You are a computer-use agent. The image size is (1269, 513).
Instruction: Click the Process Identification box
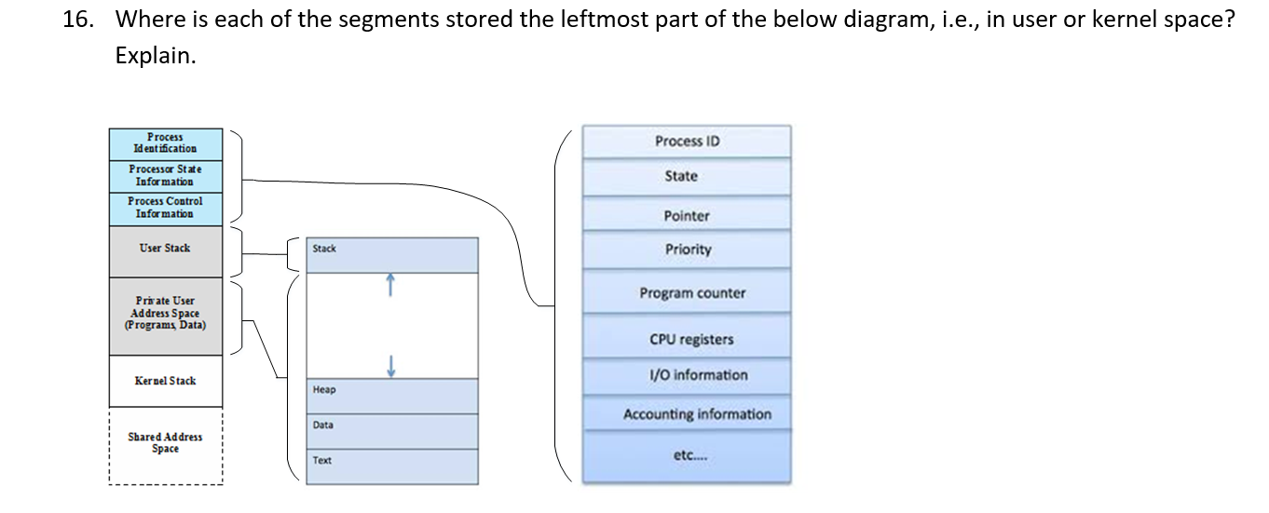(165, 143)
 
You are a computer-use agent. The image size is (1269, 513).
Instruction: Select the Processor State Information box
(165, 176)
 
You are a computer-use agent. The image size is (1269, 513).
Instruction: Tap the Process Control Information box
(165, 208)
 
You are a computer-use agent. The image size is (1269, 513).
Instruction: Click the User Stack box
(165, 249)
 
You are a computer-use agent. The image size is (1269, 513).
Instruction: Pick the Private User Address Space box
(165, 314)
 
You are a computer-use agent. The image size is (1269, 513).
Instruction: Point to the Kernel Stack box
(165, 381)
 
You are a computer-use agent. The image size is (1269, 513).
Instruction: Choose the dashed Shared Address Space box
(165, 444)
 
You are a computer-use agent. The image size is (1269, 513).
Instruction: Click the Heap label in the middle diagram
(324, 390)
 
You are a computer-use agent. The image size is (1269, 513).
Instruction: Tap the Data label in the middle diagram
(323, 425)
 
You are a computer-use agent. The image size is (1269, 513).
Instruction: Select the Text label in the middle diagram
(322, 461)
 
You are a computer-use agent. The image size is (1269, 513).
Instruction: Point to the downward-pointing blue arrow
(392, 366)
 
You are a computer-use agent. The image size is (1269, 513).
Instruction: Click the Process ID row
(687, 142)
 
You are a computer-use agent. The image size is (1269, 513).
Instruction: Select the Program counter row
(692, 293)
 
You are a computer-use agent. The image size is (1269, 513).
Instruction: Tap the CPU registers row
(691, 340)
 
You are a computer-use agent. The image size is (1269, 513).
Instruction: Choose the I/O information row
(698, 375)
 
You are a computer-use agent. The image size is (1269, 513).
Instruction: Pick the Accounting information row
(697, 414)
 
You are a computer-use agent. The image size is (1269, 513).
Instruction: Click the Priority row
(688, 250)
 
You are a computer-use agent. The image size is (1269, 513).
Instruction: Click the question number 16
(78, 20)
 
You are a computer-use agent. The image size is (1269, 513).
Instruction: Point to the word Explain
(156, 56)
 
